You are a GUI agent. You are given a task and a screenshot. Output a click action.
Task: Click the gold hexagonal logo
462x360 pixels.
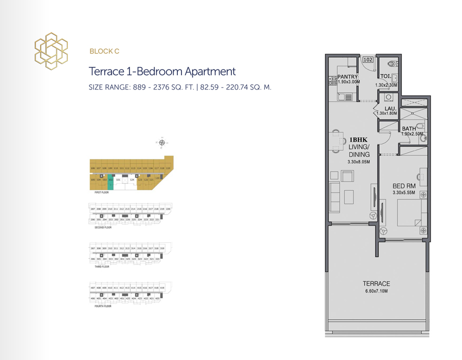(x=51, y=51)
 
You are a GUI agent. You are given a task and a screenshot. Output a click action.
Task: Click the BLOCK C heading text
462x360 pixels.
(x=104, y=51)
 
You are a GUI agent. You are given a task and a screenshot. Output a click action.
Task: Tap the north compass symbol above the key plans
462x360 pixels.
(x=161, y=142)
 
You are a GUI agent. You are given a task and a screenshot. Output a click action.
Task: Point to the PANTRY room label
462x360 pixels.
(x=348, y=77)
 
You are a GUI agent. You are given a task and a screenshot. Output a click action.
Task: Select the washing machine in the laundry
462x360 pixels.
(x=389, y=97)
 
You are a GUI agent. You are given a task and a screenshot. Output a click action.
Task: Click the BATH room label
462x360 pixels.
(x=409, y=129)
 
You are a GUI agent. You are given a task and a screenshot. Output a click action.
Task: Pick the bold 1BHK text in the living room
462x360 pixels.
(x=358, y=139)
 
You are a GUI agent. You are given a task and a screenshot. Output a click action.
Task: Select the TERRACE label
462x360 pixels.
(x=377, y=283)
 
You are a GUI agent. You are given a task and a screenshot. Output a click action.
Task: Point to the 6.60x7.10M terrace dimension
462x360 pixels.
(x=377, y=291)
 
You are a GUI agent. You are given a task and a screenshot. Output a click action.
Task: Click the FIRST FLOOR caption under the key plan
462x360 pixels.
(x=101, y=192)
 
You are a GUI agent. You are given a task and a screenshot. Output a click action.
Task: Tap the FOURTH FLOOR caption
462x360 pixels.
(x=103, y=306)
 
